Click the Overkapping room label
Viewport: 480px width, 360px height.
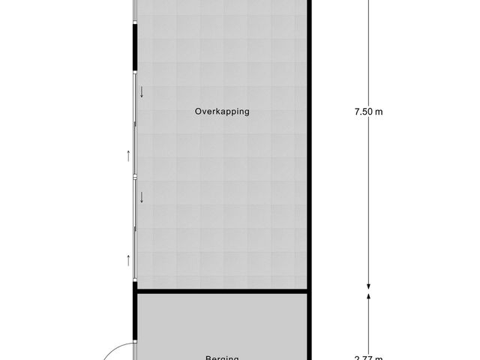[x=221, y=112]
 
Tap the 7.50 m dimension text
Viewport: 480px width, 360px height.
[x=368, y=112]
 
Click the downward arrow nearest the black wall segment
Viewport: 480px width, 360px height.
[x=140, y=93]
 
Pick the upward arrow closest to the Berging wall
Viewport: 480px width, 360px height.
[x=129, y=260]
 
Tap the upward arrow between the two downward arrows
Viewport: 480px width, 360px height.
[x=129, y=156]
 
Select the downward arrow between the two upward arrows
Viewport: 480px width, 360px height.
[x=140, y=197]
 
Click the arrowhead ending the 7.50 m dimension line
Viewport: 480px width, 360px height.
[x=368, y=285]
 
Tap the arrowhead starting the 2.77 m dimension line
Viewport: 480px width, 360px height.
[x=368, y=296]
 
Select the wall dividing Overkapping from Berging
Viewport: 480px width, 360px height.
[x=221, y=291]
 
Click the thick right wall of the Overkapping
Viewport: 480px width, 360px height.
[x=309, y=150]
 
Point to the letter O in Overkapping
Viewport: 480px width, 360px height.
[x=198, y=112]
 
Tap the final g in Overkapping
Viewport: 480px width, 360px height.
[x=245, y=112]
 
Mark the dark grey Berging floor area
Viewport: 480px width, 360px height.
[x=221, y=322]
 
